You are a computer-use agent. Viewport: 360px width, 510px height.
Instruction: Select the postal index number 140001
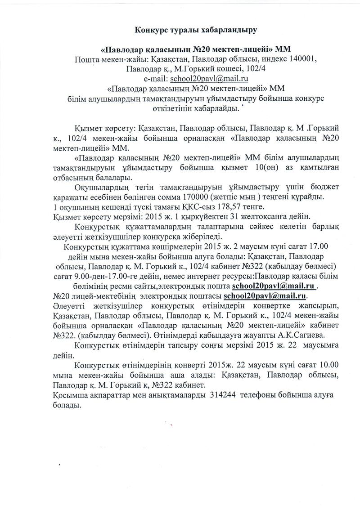285,59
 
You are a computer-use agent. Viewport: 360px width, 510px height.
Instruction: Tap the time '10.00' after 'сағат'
321,364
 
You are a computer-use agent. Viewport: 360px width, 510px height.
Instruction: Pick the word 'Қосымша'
66,394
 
